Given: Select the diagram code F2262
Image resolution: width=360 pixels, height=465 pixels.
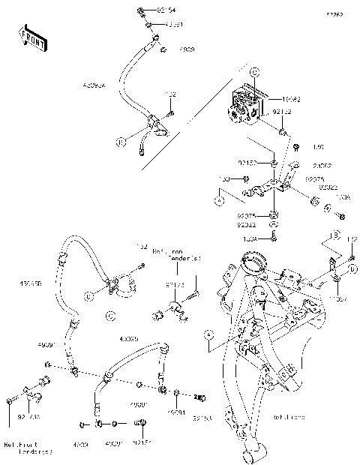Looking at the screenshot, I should coord(334,14).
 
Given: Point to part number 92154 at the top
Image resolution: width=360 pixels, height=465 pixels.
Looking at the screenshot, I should coord(167,11).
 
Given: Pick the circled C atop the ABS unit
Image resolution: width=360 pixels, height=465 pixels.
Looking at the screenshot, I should coord(253,72).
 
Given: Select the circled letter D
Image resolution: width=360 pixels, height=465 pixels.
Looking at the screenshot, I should coord(352,268).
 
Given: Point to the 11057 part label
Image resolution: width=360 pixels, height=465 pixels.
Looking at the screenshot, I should coord(340,298).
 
